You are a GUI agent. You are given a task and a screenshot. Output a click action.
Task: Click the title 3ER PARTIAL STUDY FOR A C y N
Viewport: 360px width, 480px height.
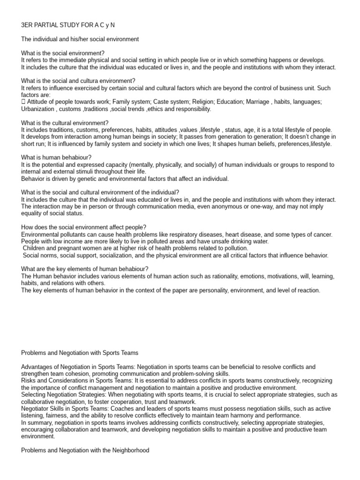(x=68, y=24)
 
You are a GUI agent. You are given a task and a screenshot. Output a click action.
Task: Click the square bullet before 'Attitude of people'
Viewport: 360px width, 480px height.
(x=23, y=102)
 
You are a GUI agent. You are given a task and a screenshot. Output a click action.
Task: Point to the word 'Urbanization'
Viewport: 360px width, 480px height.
(x=39, y=109)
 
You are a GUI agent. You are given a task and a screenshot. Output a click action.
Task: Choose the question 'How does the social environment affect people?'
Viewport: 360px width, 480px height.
(x=84, y=227)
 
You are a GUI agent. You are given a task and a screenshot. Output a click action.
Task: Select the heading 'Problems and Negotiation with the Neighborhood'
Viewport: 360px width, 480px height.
(x=85, y=450)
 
